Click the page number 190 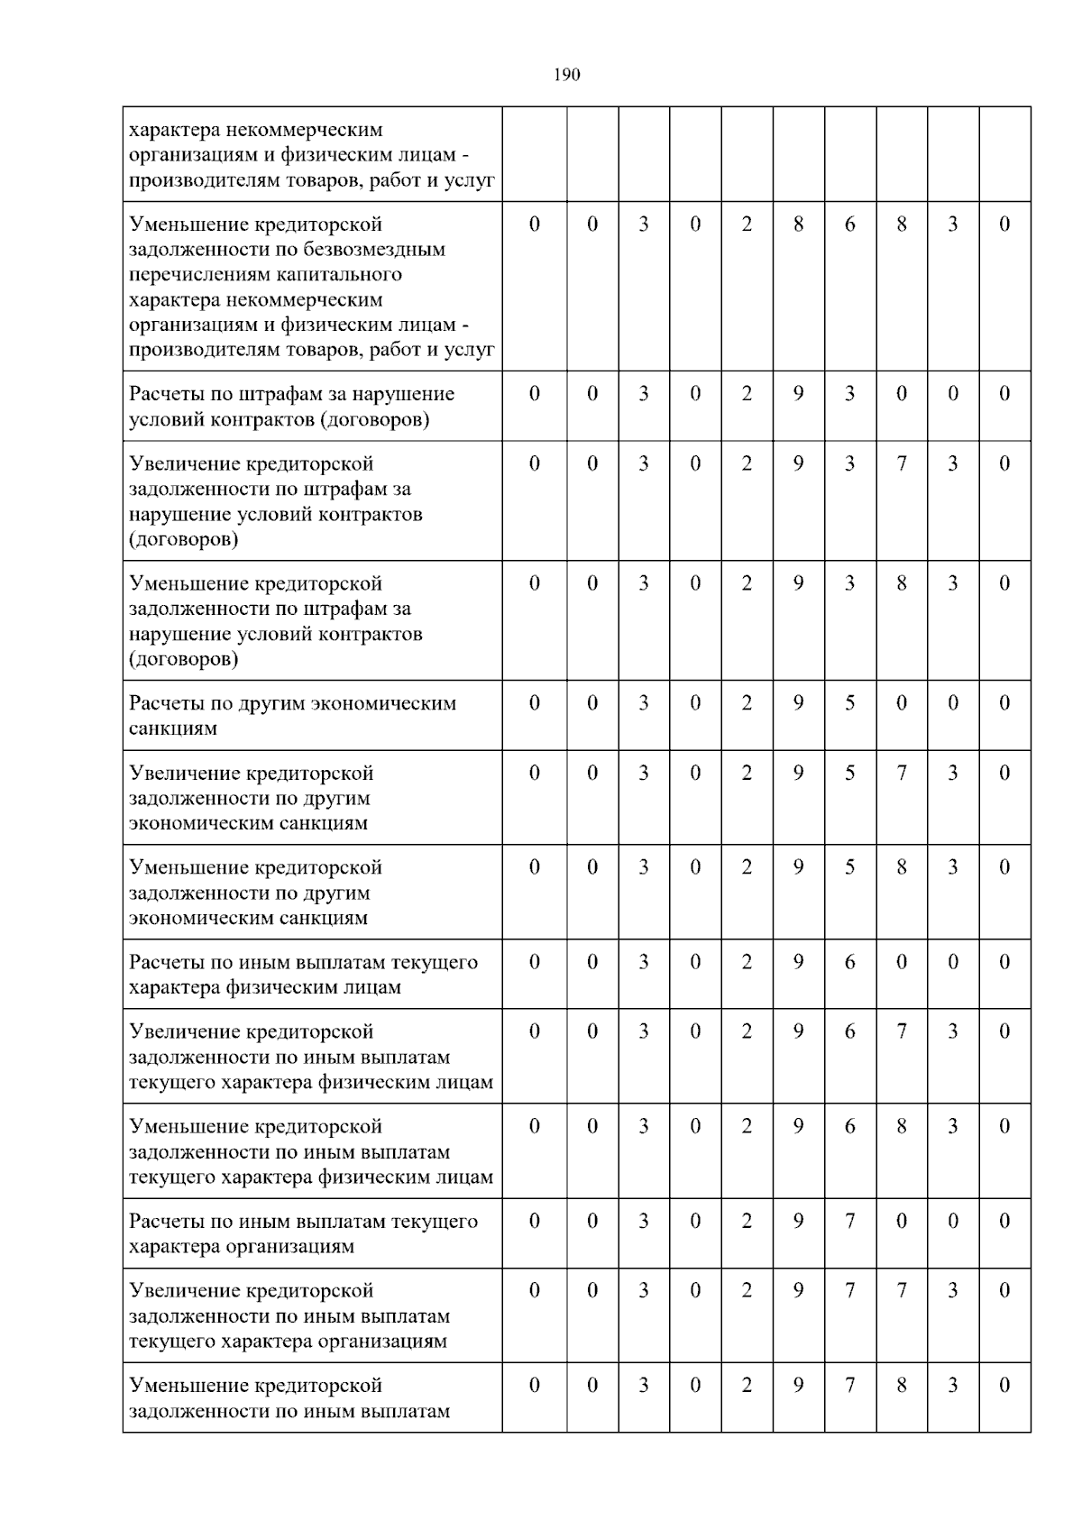[566, 75]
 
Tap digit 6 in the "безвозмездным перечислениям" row [849, 224]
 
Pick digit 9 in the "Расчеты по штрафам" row [798, 394]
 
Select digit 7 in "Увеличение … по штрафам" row [901, 464]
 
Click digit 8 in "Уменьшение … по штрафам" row [901, 583]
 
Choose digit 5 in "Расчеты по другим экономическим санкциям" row [849, 703]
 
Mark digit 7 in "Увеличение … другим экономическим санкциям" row [901, 774]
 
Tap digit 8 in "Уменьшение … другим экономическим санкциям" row [901, 867]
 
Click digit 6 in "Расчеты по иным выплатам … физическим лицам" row [849, 962]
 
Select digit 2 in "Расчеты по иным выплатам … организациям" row [747, 1222]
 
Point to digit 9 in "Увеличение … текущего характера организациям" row [798, 1291]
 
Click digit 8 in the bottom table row [901, 1386]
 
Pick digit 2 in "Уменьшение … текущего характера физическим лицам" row [747, 1127]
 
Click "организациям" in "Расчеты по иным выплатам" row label [291, 1247]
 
